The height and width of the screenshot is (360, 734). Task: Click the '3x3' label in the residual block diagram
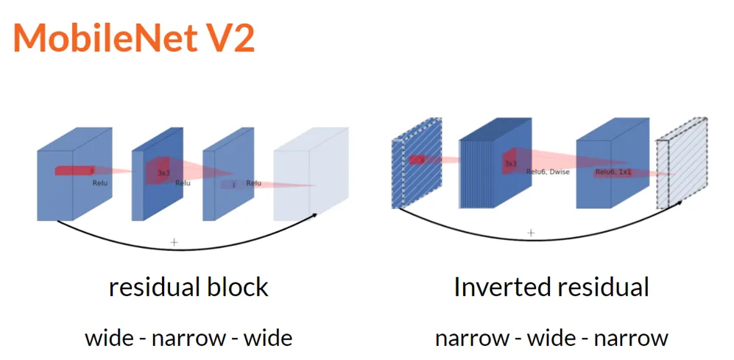click(x=163, y=173)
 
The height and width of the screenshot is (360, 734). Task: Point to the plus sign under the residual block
click(x=174, y=241)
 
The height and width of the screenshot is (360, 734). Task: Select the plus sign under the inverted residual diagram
click(x=531, y=233)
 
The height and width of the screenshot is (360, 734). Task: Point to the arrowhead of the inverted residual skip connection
click(x=678, y=200)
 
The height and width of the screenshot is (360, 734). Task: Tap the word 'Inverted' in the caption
click(x=497, y=287)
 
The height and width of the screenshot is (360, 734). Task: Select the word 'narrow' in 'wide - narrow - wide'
click(x=188, y=338)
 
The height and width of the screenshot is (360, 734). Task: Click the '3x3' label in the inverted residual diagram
click(x=510, y=163)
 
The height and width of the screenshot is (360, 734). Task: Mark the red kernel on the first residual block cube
click(x=74, y=171)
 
